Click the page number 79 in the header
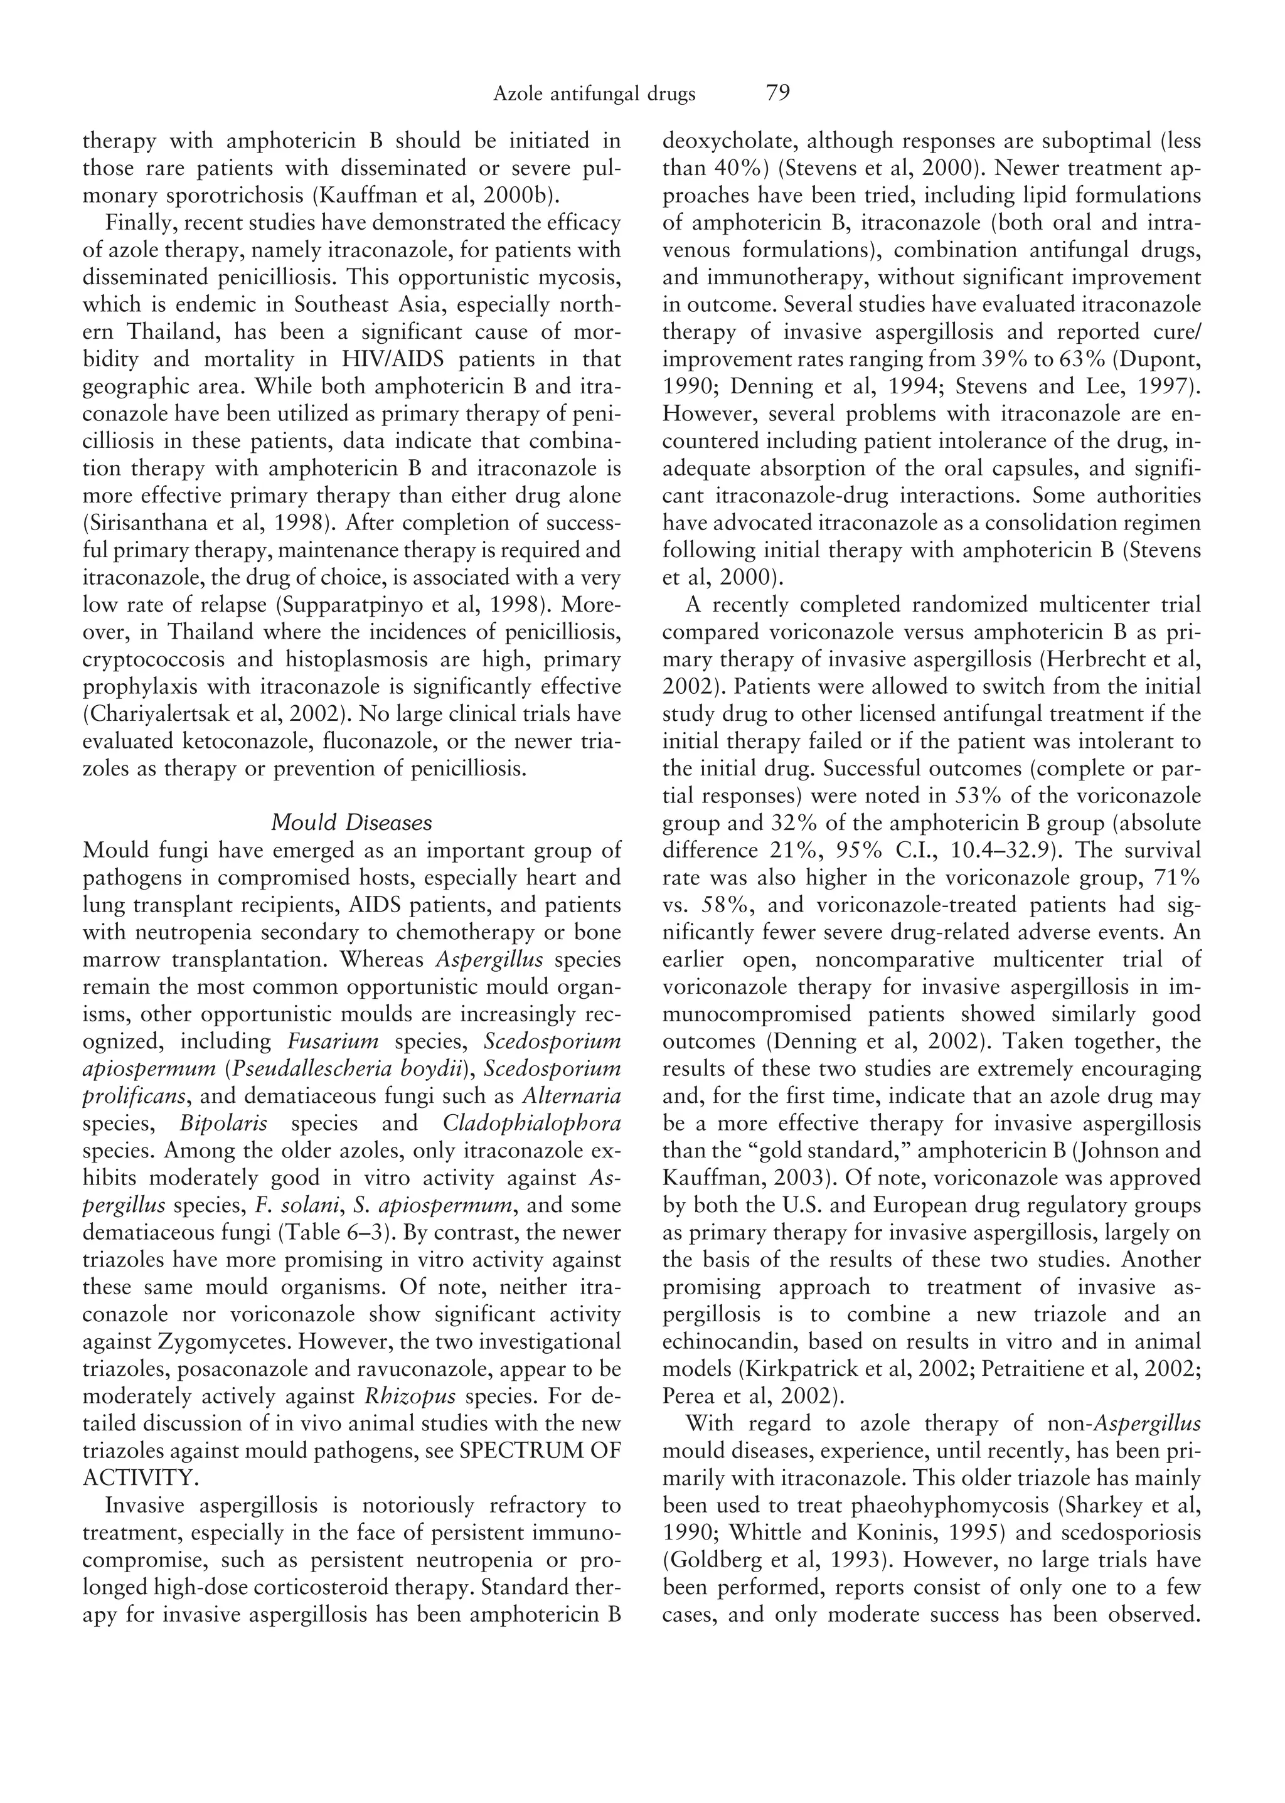point(778,93)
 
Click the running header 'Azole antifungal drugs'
point(594,94)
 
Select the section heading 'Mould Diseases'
point(351,823)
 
